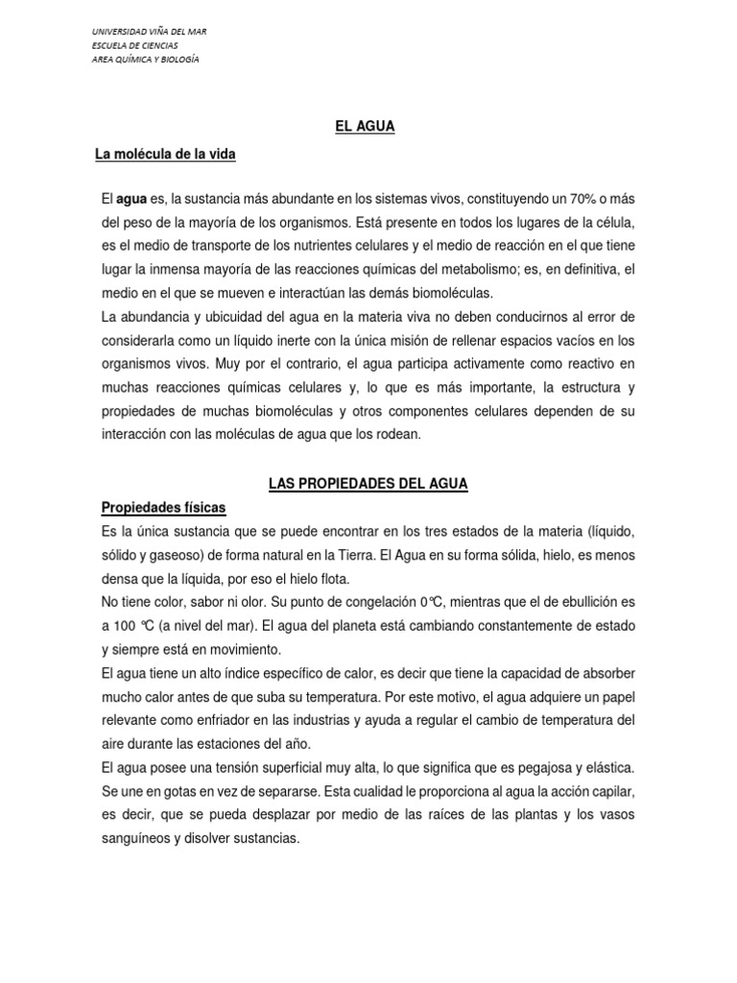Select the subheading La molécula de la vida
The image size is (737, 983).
pyautogui.click(x=164, y=154)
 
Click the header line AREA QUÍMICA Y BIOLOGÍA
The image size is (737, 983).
pyautogui.click(x=145, y=59)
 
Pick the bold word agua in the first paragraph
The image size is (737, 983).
pyautogui.click(x=131, y=199)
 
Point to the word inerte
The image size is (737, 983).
pyautogui.click(x=290, y=341)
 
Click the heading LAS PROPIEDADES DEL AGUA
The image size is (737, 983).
pyautogui.click(x=368, y=484)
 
